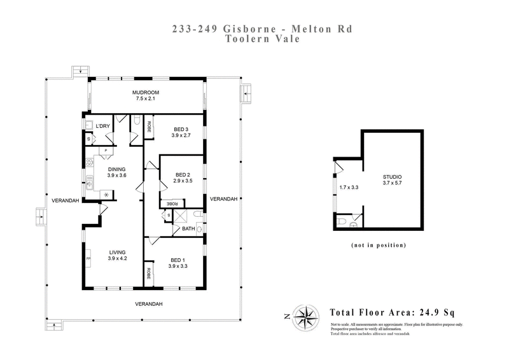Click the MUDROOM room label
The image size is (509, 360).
pos(146,93)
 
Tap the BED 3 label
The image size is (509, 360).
pos(181,129)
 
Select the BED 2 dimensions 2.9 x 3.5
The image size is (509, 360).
pos(183,181)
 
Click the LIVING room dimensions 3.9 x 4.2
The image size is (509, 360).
pos(118,258)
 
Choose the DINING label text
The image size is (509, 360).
pos(118,169)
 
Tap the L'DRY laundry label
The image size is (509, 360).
pos(103,126)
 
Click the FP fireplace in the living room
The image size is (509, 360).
pos(88,260)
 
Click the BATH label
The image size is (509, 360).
pos(188,229)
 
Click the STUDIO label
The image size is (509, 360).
pos(392,177)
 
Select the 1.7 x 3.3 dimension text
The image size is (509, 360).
pos(350,188)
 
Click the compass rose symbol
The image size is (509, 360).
pos(309,314)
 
